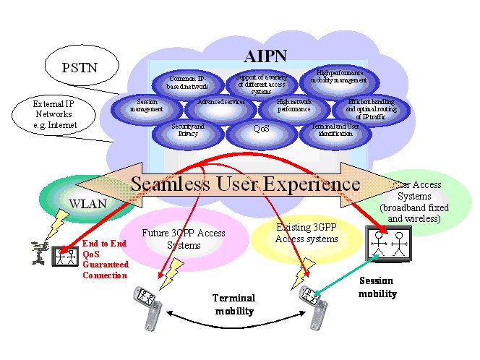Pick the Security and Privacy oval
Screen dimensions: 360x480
click(188, 130)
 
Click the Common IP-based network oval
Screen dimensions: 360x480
click(188, 83)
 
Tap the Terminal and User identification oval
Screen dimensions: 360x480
click(335, 130)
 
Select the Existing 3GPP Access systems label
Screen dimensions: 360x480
click(307, 233)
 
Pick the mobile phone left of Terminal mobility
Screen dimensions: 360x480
click(147, 304)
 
